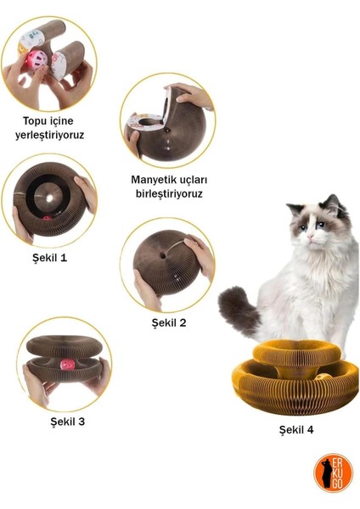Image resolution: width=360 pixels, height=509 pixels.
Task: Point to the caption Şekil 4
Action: pos(296,430)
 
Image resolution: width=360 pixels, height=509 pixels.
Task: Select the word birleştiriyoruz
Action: pos(167,193)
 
